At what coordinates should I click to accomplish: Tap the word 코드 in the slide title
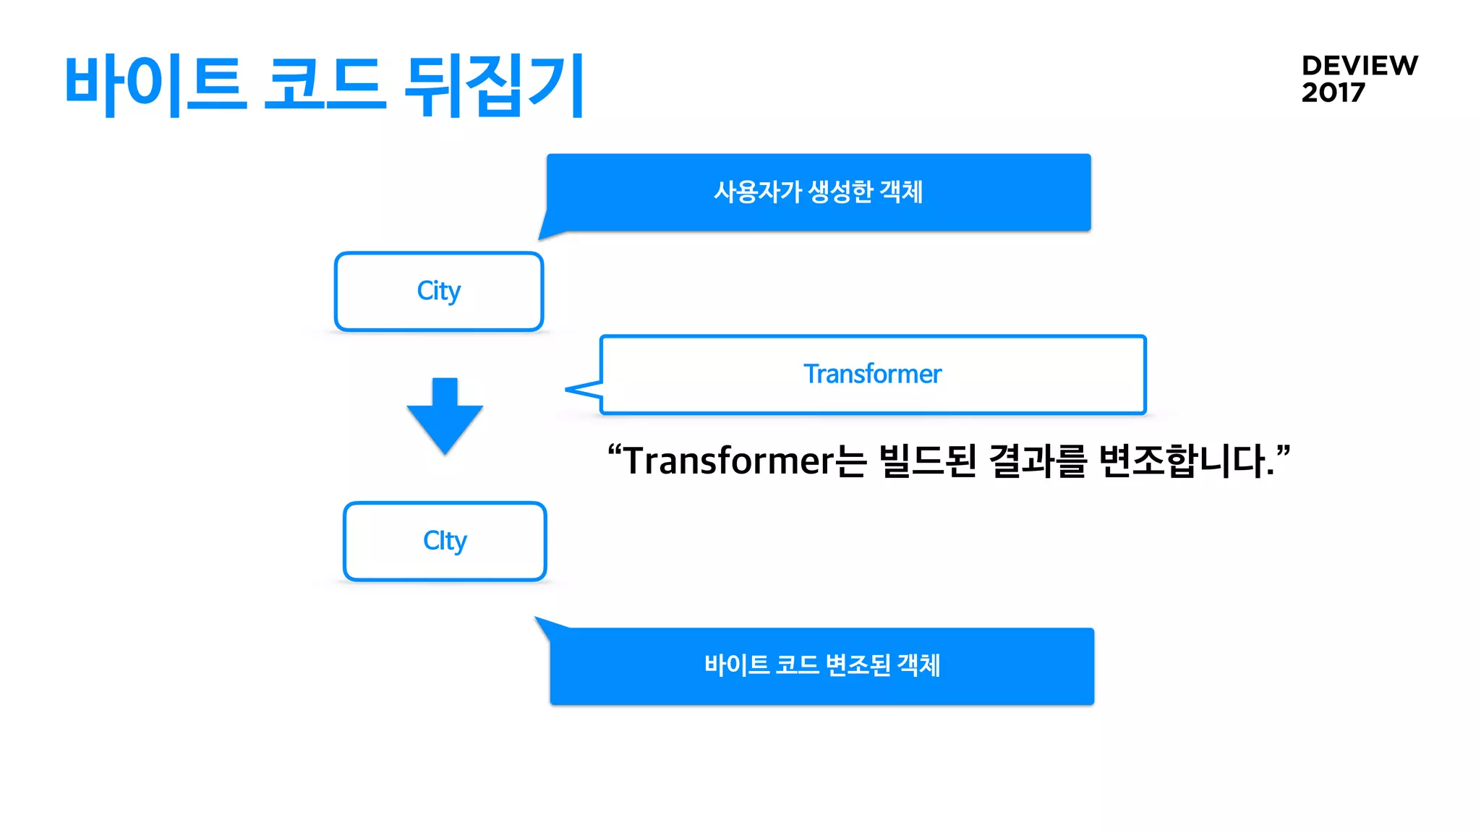[324, 85]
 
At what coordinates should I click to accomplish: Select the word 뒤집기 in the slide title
[494, 85]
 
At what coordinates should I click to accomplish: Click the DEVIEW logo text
[1360, 66]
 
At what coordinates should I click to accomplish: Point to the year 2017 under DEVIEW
[1333, 93]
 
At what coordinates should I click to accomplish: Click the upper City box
[439, 291]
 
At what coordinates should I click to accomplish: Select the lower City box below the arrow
[445, 542]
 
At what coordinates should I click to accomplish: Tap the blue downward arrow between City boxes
[445, 415]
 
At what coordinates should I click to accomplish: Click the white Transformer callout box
[873, 375]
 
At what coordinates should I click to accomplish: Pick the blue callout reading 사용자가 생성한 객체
[819, 192]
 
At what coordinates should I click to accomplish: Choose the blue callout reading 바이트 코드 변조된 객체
[822, 666]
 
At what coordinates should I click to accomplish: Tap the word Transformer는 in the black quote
[745, 461]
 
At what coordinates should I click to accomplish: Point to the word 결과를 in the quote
[1038, 461]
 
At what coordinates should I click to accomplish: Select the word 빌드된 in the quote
[928, 461]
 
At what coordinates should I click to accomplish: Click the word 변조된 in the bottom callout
[858, 665]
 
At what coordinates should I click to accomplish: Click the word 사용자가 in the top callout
[758, 192]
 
